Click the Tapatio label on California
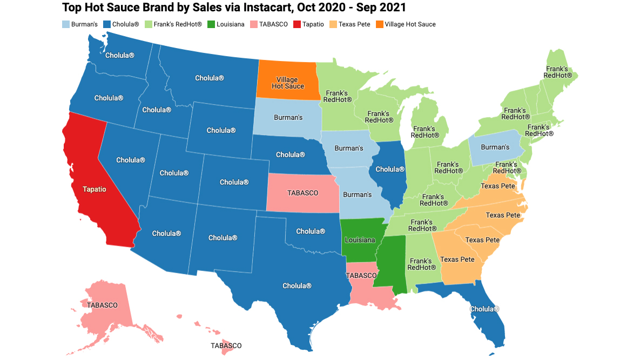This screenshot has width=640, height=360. pos(94,189)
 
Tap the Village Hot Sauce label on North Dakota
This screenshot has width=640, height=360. pos(288,83)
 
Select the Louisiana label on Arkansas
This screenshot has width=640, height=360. pos(359,240)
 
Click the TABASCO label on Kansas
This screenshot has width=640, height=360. pos(302,192)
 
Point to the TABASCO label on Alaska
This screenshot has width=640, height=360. pos(102,305)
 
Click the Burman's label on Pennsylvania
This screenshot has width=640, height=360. pos(495,147)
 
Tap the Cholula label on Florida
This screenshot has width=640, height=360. pos(484,309)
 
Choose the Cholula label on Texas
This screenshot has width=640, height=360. pos(297,286)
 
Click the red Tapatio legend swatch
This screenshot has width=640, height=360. pos(297,24)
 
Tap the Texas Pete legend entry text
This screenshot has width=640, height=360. pos(354,24)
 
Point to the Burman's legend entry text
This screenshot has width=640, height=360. pos(85,24)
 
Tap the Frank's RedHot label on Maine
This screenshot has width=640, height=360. pos(557,72)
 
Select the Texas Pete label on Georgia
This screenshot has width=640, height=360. pos(457,260)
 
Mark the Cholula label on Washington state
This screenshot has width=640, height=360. pos(120,55)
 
